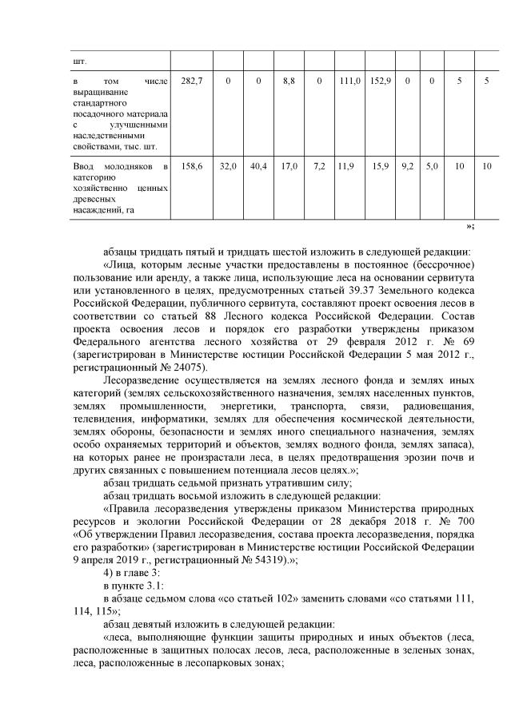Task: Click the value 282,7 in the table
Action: [x=192, y=81]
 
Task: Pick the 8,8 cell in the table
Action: [x=289, y=81]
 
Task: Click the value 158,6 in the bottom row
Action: [x=192, y=165]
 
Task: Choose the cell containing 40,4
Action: [x=258, y=165]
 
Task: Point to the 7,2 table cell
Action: [x=319, y=165]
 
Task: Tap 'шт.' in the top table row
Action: [x=79, y=60]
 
